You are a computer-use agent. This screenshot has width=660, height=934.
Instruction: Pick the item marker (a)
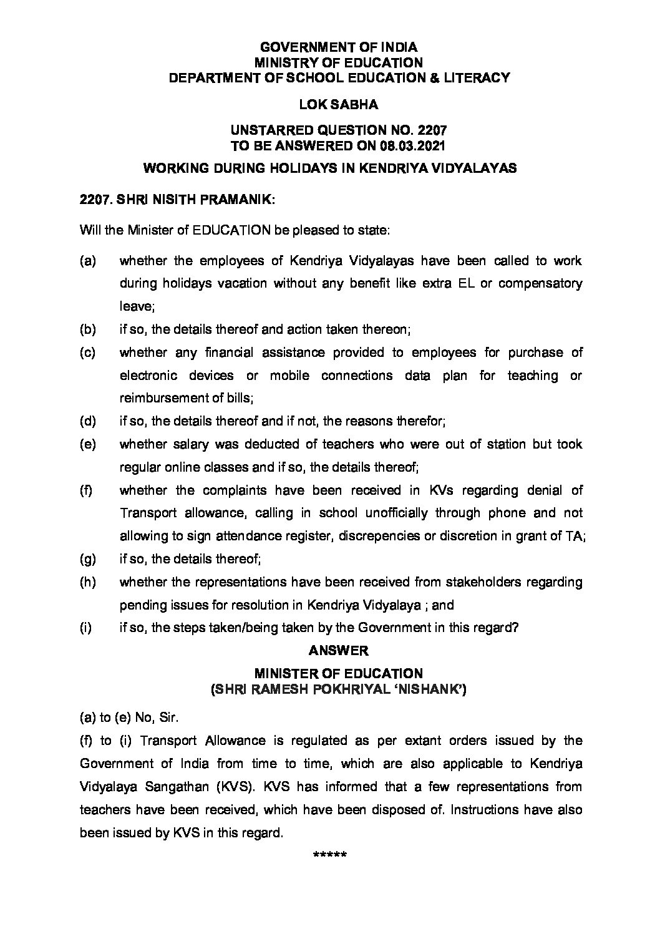88,261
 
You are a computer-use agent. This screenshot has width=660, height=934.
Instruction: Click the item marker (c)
88,353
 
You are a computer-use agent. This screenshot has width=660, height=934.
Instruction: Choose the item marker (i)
86,628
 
